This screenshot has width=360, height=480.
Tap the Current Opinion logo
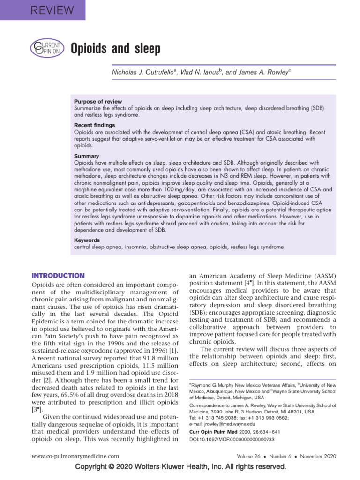(x=45, y=48)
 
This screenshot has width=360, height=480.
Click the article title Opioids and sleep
(x=115, y=48)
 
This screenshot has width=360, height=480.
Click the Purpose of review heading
(x=98, y=102)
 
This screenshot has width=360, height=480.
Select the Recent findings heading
(x=94, y=125)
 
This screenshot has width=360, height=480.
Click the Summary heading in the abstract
(x=86, y=156)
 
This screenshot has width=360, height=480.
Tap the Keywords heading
(x=87, y=240)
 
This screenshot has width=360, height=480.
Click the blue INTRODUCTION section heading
(x=58, y=276)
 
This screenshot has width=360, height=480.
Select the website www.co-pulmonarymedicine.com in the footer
(x=75, y=456)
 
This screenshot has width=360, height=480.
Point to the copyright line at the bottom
(x=180, y=467)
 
